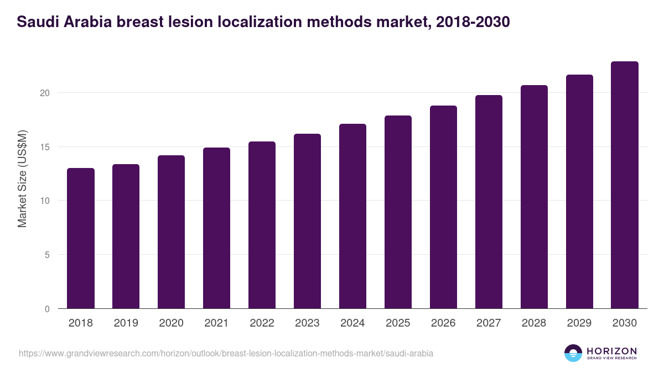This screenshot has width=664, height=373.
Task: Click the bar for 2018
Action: pyautogui.click(x=81, y=238)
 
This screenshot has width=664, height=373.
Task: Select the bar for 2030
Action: pyautogui.click(x=624, y=185)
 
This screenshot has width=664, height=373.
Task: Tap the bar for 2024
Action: pyautogui.click(x=352, y=216)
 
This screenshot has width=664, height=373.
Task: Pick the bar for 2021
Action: pyautogui.click(x=216, y=228)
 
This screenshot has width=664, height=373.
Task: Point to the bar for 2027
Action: pyautogui.click(x=489, y=202)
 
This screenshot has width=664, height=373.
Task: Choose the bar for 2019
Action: pyautogui.click(x=126, y=237)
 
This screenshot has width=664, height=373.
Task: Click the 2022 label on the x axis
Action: pyautogui.click(x=262, y=323)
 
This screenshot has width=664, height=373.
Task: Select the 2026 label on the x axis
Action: pyautogui.click(x=443, y=323)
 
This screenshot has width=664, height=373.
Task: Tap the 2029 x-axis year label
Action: pyautogui.click(x=579, y=323)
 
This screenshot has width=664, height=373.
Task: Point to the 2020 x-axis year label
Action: pyautogui.click(x=171, y=323)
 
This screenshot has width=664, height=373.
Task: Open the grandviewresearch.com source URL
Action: pyautogui.click(x=226, y=353)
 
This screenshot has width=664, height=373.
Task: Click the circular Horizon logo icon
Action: pyautogui.click(x=573, y=353)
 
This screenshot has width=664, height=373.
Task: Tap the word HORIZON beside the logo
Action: pyautogui.click(x=611, y=350)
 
